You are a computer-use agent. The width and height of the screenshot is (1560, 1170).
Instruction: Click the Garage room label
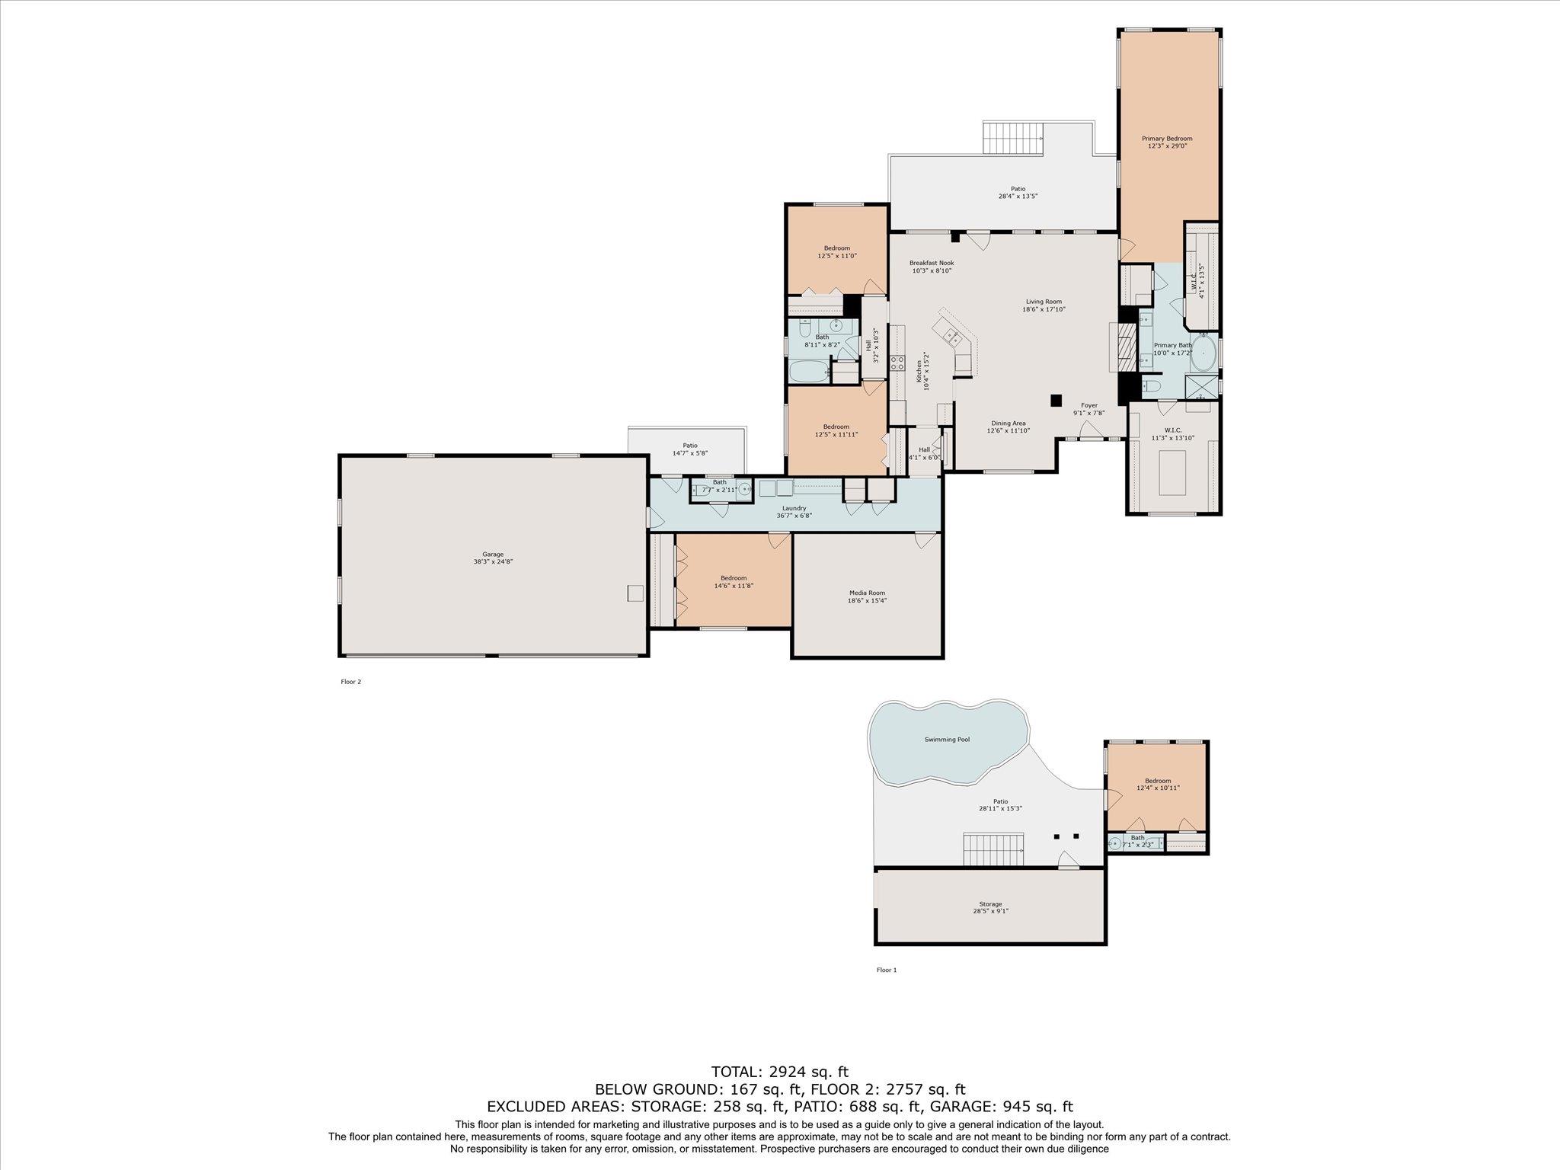pyautogui.click(x=493, y=555)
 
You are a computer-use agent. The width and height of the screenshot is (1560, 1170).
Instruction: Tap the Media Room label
pyautogui.click(x=867, y=593)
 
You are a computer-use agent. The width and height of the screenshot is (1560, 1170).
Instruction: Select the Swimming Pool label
pyautogui.click(x=947, y=739)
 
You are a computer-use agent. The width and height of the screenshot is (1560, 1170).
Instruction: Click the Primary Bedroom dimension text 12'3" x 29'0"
pyautogui.click(x=1167, y=145)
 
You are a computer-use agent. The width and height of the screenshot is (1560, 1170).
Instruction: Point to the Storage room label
pyautogui.click(x=990, y=904)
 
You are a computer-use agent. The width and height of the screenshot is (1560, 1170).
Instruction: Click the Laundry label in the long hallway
pyautogui.click(x=794, y=508)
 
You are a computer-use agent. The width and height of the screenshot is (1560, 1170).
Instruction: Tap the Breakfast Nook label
pyautogui.click(x=931, y=263)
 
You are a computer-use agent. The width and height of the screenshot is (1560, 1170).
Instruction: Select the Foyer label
pyautogui.click(x=1088, y=405)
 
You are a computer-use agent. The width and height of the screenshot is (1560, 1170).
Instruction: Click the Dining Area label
pyautogui.click(x=1008, y=423)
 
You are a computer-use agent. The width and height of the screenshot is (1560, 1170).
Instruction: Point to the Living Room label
pyautogui.click(x=1043, y=302)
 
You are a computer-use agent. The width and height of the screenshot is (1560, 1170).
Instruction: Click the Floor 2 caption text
pyautogui.click(x=350, y=682)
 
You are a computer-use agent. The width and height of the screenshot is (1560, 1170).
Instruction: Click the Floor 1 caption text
pyautogui.click(x=887, y=970)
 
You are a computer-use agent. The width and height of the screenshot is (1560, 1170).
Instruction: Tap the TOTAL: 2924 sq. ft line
pyautogui.click(x=779, y=1072)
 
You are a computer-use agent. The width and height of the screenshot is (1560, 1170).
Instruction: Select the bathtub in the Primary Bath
pyautogui.click(x=1203, y=355)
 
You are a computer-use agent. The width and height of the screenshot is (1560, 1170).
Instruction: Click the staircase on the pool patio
pyautogui.click(x=993, y=849)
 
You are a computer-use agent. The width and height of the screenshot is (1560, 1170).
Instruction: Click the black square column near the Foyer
pyautogui.click(x=1056, y=400)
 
